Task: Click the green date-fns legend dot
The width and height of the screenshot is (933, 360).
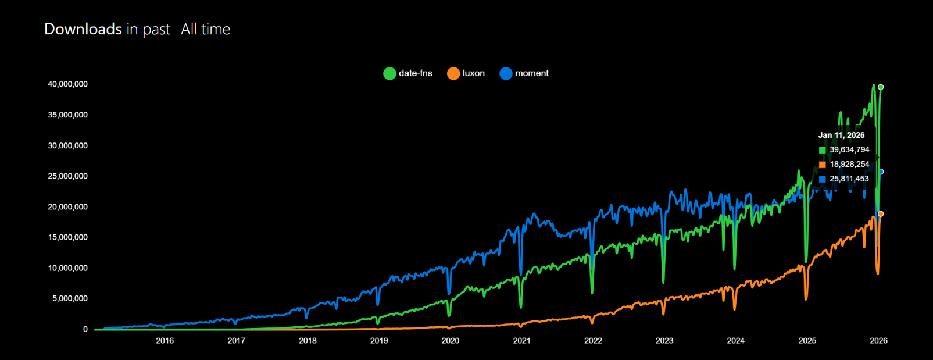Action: click(x=389, y=73)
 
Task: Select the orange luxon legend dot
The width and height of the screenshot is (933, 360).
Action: click(x=453, y=73)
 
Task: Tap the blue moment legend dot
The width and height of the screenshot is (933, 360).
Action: click(x=506, y=73)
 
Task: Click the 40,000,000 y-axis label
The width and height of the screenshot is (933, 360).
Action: click(x=67, y=84)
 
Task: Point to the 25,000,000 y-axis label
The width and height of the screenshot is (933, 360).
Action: click(x=67, y=176)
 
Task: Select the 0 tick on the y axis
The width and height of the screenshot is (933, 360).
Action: click(x=85, y=329)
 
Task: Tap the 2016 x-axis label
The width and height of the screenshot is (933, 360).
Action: click(x=165, y=341)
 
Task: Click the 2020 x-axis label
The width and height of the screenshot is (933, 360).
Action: click(x=450, y=341)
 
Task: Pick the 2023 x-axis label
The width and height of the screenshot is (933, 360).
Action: click(x=664, y=341)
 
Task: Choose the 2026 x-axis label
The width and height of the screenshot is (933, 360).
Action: click(x=878, y=341)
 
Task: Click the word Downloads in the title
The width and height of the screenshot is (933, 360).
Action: click(x=83, y=29)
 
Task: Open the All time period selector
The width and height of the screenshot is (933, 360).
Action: click(x=205, y=29)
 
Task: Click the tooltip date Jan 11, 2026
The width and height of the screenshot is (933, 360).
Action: click(x=841, y=135)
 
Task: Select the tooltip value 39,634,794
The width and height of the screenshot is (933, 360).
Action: click(x=849, y=149)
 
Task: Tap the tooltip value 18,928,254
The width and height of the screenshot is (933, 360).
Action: click(x=849, y=164)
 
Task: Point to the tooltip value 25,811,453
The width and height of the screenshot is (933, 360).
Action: click(x=849, y=179)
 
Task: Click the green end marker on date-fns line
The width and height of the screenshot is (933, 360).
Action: click(x=881, y=87)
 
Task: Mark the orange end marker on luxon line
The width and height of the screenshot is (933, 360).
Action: click(x=881, y=214)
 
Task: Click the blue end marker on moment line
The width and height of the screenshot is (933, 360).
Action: click(x=881, y=172)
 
